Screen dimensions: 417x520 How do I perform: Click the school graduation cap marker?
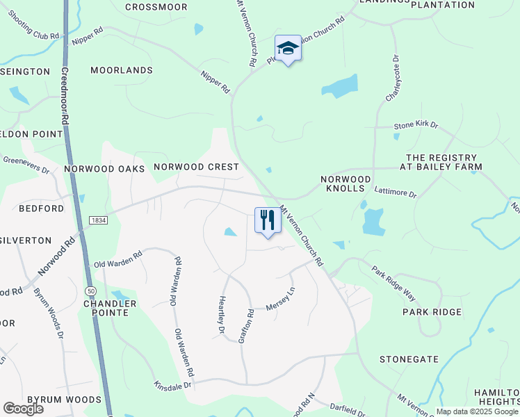(288, 48)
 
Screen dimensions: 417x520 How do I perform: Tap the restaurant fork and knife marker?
(267, 220)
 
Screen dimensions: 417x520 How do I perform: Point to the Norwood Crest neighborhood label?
(196, 167)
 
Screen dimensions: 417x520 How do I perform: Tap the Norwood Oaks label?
(104, 169)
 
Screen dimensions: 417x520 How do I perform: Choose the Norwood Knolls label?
(342, 183)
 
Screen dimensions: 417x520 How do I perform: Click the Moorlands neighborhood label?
(122, 70)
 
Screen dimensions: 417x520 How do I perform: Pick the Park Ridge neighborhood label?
(432, 312)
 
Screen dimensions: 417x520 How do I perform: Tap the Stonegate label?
(409, 359)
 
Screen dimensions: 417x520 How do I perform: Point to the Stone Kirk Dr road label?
(416, 126)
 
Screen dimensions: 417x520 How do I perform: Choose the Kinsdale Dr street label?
(172, 384)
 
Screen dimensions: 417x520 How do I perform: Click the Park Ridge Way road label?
(393, 284)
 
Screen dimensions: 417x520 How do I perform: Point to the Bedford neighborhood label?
(41, 208)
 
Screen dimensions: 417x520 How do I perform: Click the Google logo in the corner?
(24, 408)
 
